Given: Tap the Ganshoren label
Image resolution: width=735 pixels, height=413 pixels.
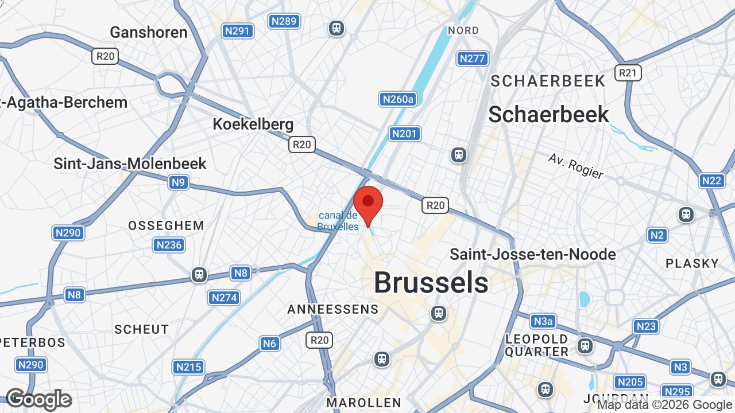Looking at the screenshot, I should pos(149,32).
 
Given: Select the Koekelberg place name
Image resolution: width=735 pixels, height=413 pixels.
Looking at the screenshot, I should pos(253,124).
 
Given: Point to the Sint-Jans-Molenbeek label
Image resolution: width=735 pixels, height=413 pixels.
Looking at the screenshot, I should pos(130,163).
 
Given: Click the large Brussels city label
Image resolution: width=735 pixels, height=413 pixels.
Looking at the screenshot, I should pos(431,283).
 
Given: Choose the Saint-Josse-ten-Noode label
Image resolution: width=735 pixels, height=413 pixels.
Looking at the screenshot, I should pos(532,254).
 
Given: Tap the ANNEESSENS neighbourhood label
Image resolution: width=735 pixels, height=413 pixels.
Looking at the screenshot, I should pos(333,309).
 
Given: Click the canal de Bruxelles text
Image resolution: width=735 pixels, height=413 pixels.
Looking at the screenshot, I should pos(338,221).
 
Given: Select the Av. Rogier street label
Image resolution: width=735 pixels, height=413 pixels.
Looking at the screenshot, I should pos(575,166).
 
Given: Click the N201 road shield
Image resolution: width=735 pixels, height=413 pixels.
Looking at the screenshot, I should pos(405,134).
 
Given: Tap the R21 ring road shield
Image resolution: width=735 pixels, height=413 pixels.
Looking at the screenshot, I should pos(628,73).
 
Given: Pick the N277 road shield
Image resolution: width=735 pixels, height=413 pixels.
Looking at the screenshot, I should pos(473,58).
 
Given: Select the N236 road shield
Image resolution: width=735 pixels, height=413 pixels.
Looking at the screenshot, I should pos(169,245).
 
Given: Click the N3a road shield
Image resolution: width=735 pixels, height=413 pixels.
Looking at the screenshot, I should pos(543,321).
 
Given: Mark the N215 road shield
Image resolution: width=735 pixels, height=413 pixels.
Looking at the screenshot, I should pos(188,367).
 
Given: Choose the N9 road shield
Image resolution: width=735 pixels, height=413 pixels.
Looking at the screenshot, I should pos(179,182).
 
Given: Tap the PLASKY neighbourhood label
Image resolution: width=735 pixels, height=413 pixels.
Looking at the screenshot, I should pos(692,263).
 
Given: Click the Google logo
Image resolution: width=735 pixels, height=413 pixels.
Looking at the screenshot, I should pos(38,399).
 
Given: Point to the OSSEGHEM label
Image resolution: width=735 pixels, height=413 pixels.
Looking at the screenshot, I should pos(166,225).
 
